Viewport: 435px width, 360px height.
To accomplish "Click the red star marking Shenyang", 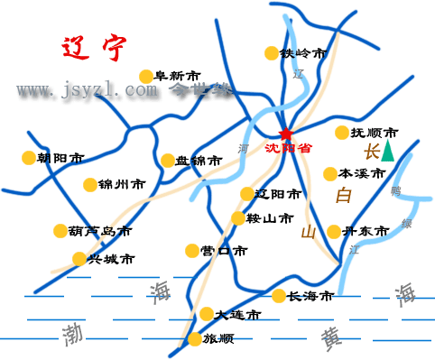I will coord(286,134).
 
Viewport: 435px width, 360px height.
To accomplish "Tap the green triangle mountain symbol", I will coord(387,151).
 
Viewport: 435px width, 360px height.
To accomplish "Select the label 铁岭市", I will coord(302,53).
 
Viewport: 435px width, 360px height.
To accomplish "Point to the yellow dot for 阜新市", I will coord(146,77).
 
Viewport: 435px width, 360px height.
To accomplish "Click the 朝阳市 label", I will coord(61,158).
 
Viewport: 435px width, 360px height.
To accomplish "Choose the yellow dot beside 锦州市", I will coord(89,185).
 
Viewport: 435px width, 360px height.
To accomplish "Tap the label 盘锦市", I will coord(199,162).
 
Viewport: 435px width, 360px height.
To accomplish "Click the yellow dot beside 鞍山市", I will coord(238,218).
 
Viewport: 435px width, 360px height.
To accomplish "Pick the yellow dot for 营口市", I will coord(191,251).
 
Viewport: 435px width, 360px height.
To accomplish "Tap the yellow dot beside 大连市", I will coord(208,315).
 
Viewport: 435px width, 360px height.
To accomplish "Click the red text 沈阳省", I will coord(288,148).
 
